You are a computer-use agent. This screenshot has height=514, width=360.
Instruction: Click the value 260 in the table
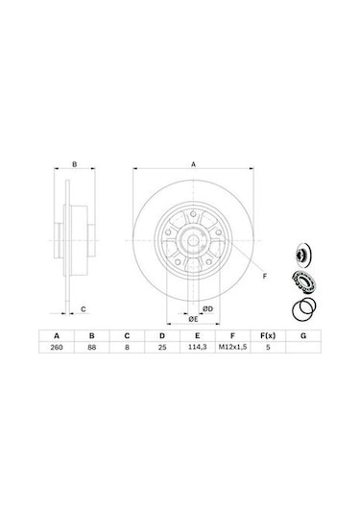57,347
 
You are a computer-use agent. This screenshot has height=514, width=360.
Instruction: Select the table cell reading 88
92,347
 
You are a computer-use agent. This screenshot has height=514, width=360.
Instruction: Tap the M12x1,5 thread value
232,347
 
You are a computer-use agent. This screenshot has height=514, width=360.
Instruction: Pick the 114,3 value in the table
197,347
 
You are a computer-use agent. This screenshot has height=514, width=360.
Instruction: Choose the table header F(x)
268,335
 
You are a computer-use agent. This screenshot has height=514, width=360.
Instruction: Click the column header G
303,335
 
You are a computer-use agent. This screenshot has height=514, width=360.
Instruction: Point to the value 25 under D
162,347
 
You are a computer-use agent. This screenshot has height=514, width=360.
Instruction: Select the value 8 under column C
127,347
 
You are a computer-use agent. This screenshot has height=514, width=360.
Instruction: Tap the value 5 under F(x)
268,347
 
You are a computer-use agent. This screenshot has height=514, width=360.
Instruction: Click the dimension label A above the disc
193,164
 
